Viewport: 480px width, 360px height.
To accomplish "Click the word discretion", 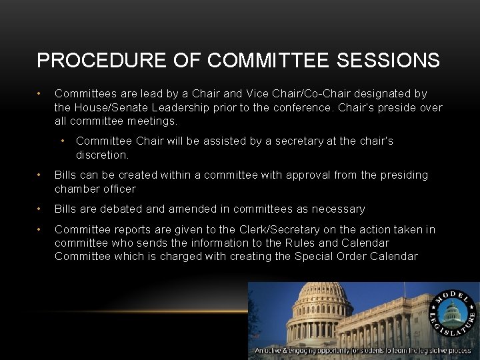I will click(x=102, y=155).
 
